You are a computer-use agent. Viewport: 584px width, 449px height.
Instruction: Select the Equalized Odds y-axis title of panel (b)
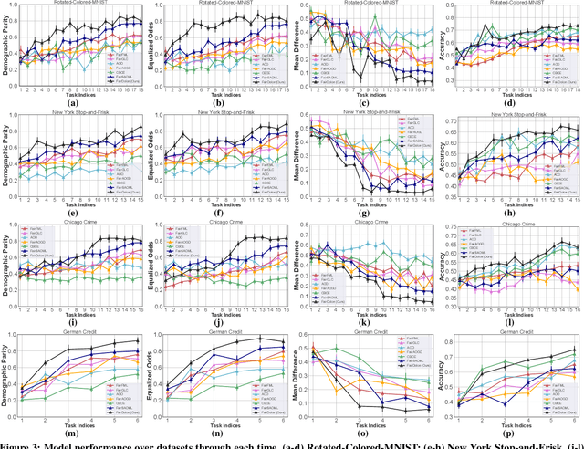pyautogui.click(x=151, y=43)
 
